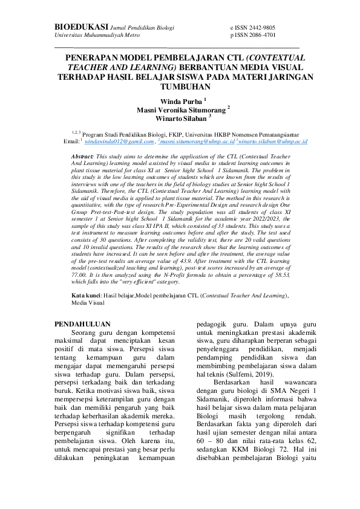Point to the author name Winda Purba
click(181, 101)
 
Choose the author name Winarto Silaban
click(181, 118)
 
